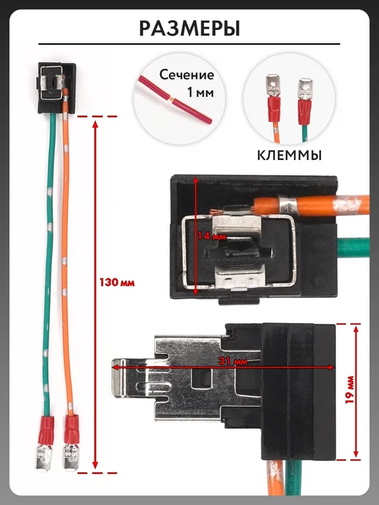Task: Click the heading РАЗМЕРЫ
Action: [x=189, y=29]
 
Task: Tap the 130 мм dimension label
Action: [x=117, y=283]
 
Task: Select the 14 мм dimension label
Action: [x=212, y=236]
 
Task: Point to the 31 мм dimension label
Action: [x=233, y=361]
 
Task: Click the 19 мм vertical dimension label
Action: [x=350, y=389]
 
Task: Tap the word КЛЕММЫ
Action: [x=289, y=156]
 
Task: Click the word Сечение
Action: [x=187, y=75]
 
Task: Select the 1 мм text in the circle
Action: [x=200, y=92]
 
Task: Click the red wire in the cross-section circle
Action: [x=176, y=101]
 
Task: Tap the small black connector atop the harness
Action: [x=57, y=87]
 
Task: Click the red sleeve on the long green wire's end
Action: [x=47, y=430]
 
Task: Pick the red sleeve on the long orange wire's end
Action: [x=71, y=429]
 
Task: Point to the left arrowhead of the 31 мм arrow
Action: [x=116, y=367]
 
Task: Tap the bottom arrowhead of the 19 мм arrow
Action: [x=355, y=454]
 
